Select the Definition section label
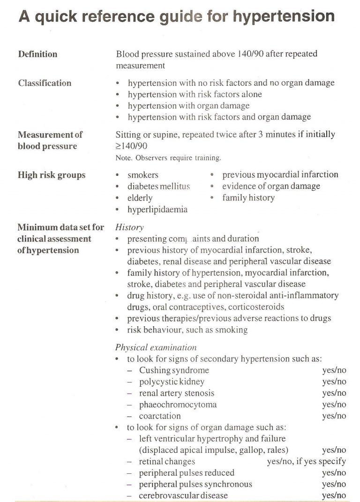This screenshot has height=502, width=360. pyautogui.click(x=37, y=54)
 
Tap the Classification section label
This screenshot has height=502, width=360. pyautogui.click(x=45, y=83)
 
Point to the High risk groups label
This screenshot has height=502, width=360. pyautogui.click(x=52, y=175)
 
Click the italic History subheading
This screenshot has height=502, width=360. pyautogui.click(x=129, y=228)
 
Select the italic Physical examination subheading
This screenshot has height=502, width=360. pyautogui.click(x=156, y=348)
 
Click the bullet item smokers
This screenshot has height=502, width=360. pyautogui.click(x=143, y=175)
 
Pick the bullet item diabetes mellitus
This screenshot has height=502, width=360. pyautogui.click(x=158, y=187)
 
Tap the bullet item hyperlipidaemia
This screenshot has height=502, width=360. pyautogui.click(x=157, y=210)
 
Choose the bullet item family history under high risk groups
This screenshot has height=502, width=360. pyautogui.click(x=248, y=198)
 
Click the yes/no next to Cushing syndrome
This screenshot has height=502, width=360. pyautogui.click(x=334, y=370)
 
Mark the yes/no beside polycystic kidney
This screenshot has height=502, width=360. pyautogui.click(x=334, y=382)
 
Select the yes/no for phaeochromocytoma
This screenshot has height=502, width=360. pyautogui.click(x=334, y=405)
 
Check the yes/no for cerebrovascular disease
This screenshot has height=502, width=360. pyautogui.click(x=334, y=495)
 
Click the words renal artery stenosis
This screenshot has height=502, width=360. pyautogui.click(x=176, y=393)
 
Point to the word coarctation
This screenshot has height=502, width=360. pyautogui.click(x=159, y=416)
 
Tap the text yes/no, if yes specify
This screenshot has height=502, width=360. pyautogui.click(x=306, y=462)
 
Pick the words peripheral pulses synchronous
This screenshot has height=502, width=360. pyautogui.click(x=195, y=484)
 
